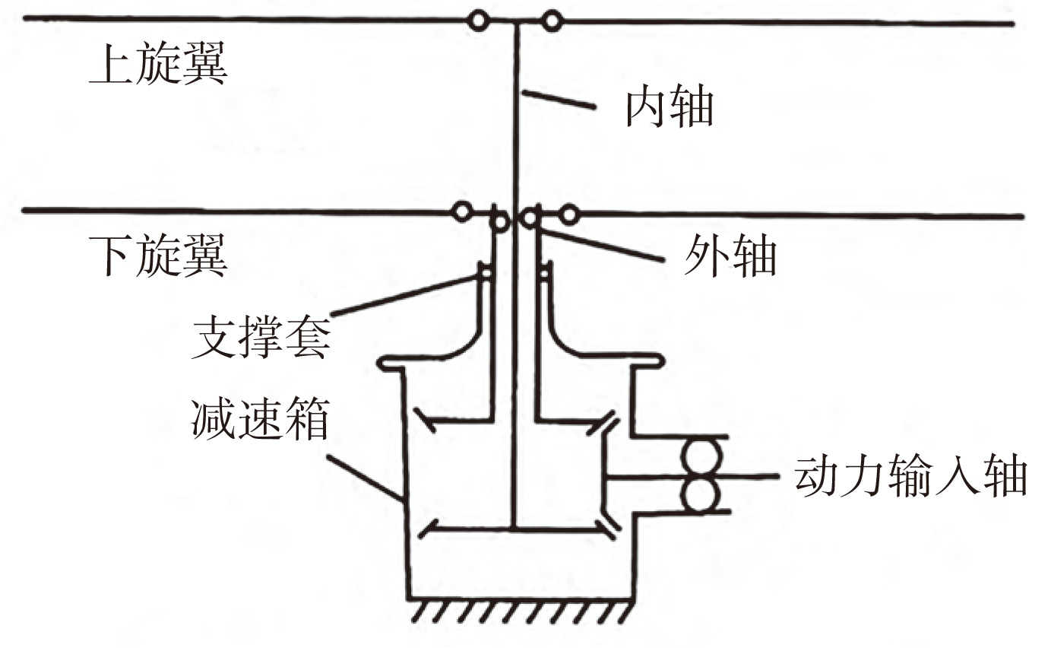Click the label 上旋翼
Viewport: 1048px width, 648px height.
tap(158, 67)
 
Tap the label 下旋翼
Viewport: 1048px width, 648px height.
tap(158, 257)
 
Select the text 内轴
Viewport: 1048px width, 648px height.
tap(669, 109)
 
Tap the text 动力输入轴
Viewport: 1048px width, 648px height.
tap(911, 478)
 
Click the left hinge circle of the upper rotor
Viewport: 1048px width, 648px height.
tap(478, 21)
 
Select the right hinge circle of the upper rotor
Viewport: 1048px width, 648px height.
tap(552, 21)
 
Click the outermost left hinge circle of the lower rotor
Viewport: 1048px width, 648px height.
tap(461, 212)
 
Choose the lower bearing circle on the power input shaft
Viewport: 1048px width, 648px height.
tap(699, 495)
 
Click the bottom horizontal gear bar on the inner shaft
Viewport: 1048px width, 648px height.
tap(517, 527)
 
